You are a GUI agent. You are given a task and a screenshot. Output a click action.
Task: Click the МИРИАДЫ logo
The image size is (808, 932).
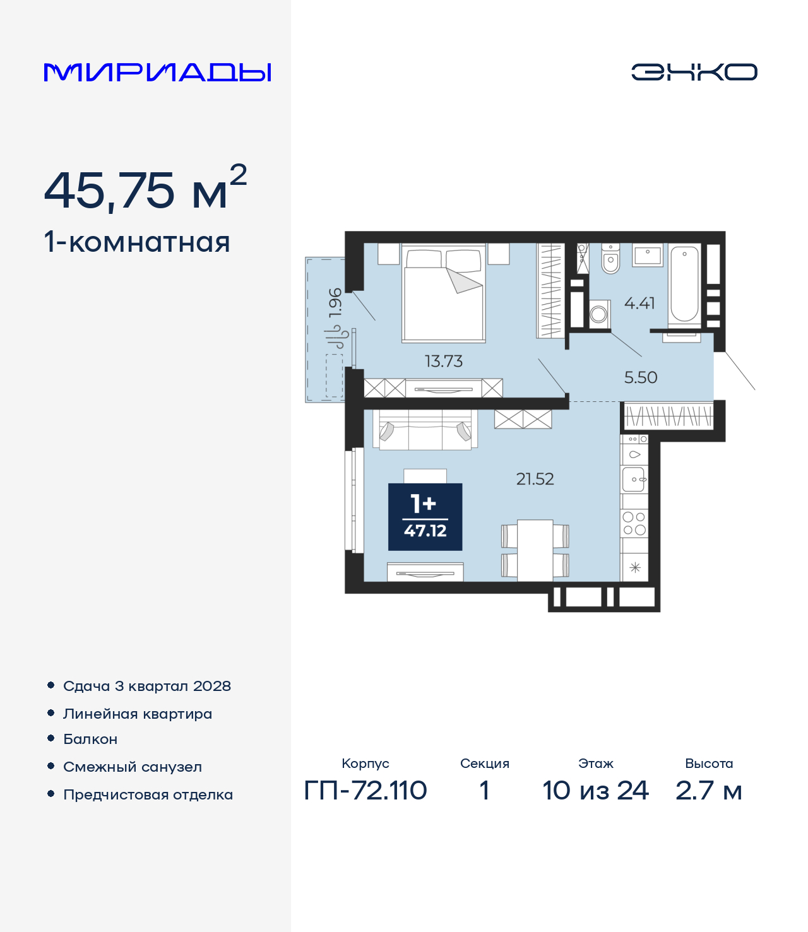[x=157, y=72]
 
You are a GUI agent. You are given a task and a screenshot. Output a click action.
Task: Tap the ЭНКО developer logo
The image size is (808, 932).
[x=694, y=72]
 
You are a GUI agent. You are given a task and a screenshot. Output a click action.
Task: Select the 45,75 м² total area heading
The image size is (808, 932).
[x=145, y=189]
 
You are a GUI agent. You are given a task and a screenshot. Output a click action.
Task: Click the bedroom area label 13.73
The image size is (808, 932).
[x=444, y=361]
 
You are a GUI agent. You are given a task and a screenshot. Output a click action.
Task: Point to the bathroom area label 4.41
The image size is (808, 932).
[x=639, y=303]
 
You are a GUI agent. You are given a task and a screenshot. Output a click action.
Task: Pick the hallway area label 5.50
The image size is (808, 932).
[x=641, y=377]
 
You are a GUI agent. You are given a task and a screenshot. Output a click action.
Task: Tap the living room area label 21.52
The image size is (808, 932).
[x=535, y=479]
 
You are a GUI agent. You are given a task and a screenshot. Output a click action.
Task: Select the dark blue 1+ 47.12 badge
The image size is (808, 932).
[x=425, y=517]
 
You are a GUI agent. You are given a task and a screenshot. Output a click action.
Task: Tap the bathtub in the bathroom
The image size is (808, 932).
[x=684, y=285]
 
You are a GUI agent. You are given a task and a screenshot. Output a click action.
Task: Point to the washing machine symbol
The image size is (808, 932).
[x=599, y=314]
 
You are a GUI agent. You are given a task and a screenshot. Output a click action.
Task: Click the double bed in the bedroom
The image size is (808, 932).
[x=444, y=292]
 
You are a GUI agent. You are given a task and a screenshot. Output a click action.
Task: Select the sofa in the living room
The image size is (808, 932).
[x=425, y=430]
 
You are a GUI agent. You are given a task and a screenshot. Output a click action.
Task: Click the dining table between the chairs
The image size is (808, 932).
[x=535, y=550]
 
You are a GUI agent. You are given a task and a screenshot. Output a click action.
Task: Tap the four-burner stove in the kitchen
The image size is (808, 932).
[x=634, y=524]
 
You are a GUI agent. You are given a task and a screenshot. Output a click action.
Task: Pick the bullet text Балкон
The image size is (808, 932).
[x=90, y=739]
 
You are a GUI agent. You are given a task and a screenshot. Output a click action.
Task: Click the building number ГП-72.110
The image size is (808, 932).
[x=365, y=790]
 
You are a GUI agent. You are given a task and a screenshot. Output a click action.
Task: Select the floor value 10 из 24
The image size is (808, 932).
[x=595, y=790]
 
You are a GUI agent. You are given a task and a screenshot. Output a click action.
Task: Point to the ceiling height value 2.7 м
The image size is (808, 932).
[x=709, y=790]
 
